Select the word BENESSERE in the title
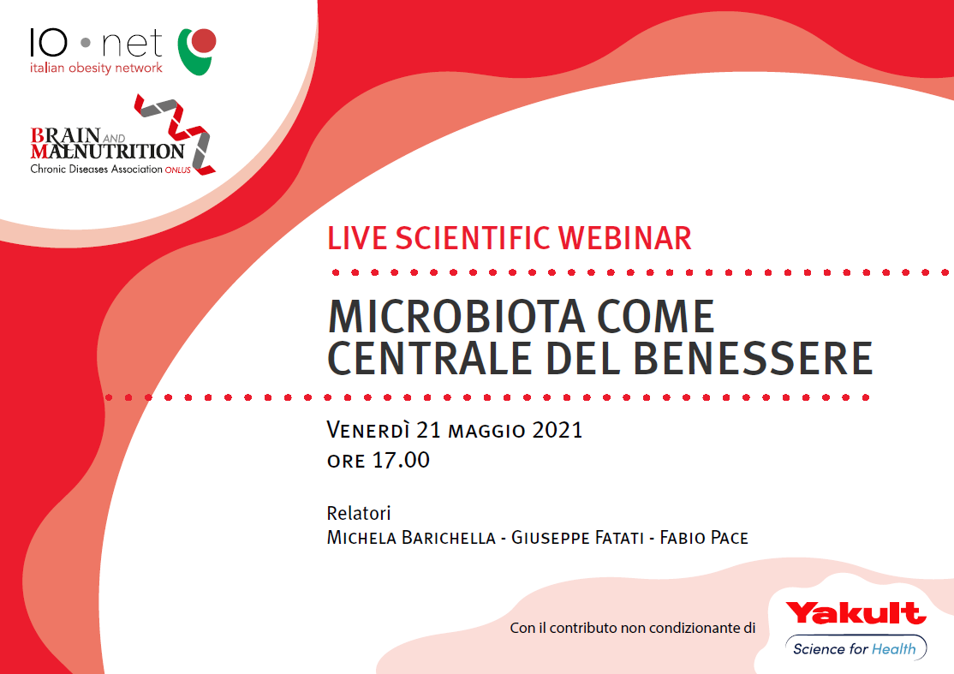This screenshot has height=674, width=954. point(753,358)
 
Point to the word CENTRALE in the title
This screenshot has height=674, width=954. point(430,358)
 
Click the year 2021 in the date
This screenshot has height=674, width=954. point(557,430)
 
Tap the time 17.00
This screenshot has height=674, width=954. point(402,460)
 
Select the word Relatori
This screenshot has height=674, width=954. point(359,513)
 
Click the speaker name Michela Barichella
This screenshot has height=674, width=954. point(411,538)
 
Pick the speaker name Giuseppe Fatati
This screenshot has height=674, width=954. point(577,538)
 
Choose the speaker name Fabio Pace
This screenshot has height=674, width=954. point(704,538)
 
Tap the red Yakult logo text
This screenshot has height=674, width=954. point(856,613)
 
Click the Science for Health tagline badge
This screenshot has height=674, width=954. point(856,648)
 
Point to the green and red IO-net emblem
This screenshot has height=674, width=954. point(196,51)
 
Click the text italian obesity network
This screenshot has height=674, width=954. point(96,68)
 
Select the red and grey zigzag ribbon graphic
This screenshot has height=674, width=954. point(176,134)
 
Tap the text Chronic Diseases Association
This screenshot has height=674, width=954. point(97,169)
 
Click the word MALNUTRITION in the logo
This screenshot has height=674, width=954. point(107,151)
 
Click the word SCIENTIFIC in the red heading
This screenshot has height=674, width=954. point(473,238)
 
